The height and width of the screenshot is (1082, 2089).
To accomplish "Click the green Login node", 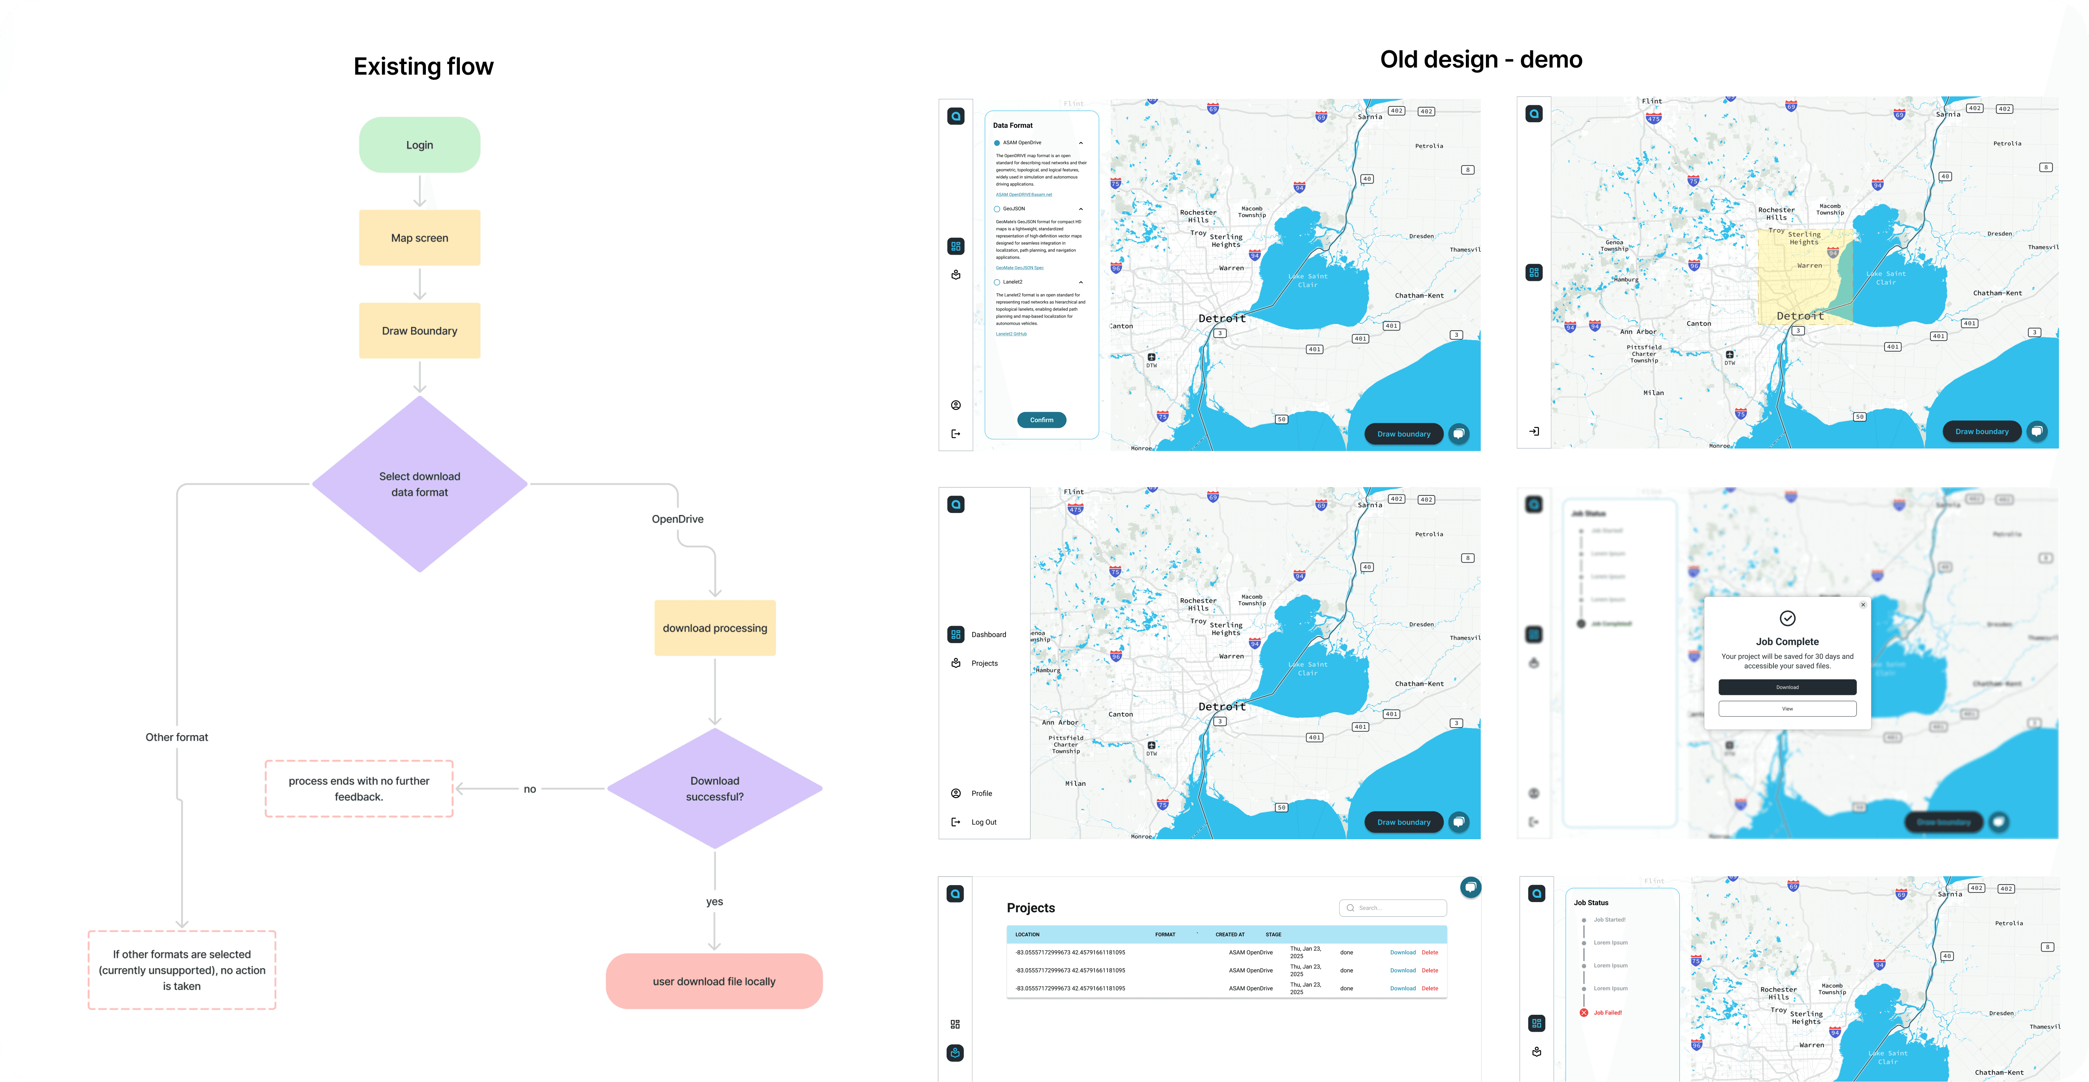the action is pyautogui.click(x=419, y=145).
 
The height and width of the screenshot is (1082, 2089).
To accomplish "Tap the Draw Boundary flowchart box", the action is pyautogui.click(x=419, y=331).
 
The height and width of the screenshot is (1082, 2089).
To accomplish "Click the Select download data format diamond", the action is pyautogui.click(x=419, y=484).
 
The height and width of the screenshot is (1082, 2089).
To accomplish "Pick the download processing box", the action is pyautogui.click(x=715, y=628).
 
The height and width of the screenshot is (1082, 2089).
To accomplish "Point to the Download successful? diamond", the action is pyautogui.click(x=715, y=789).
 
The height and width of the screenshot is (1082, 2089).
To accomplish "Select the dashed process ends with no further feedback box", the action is pyautogui.click(x=358, y=789).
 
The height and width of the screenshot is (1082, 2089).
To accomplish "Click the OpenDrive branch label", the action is pyautogui.click(x=677, y=519).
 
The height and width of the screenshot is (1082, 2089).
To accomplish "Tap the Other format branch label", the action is pyautogui.click(x=177, y=737).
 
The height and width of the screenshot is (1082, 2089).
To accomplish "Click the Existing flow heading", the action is pyautogui.click(x=423, y=66).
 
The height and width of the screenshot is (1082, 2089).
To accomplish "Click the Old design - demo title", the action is pyautogui.click(x=1481, y=59).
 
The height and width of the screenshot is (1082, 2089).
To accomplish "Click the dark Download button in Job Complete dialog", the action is pyautogui.click(x=1787, y=687).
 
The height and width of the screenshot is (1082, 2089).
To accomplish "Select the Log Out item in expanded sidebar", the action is pyautogui.click(x=984, y=823).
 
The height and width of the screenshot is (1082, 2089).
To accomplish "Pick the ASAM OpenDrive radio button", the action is pyautogui.click(x=996, y=143).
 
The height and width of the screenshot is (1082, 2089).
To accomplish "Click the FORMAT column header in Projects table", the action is pyautogui.click(x=1165, y=934).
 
